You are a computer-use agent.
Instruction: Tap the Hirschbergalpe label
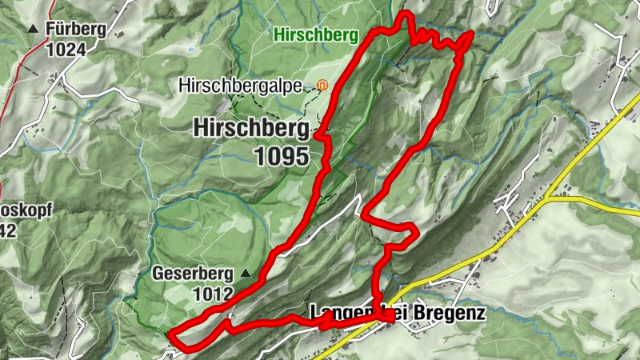point(240,85)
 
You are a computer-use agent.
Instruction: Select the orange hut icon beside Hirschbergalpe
point(322,84)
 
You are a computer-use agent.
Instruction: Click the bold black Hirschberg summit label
point(250,127)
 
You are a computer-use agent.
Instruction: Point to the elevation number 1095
point(282,156)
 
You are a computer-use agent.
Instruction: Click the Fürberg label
point(77,30)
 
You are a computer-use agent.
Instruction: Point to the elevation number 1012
point(212,294)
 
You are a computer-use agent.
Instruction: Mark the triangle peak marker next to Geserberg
point(246,274)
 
